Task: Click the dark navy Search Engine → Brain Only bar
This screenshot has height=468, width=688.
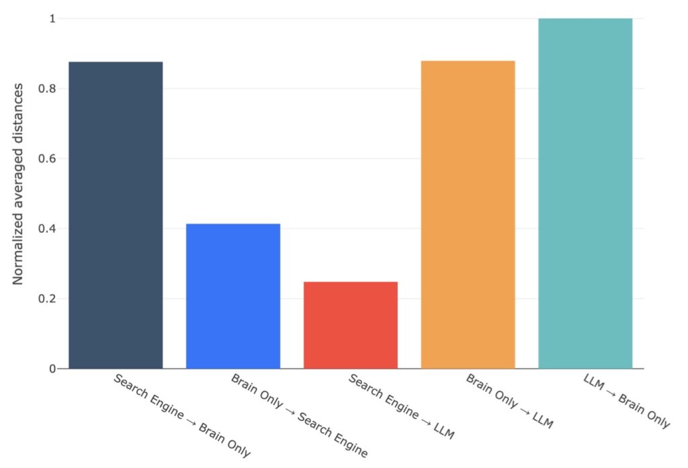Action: (116, 215)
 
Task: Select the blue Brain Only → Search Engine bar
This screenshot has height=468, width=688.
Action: (233, 295)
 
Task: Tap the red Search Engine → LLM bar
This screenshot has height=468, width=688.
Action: (351, 325)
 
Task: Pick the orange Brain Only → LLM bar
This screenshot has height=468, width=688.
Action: (468, 214)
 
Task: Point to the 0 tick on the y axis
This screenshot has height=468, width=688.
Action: (52, 369)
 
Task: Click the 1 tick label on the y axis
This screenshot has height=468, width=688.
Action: (52, 19)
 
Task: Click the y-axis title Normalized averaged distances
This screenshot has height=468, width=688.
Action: (18, 183)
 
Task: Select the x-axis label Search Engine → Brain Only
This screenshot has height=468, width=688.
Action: (182, 416)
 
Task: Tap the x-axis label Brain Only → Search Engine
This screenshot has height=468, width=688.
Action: (300, 416)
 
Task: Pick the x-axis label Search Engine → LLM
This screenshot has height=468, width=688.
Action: (402, 407)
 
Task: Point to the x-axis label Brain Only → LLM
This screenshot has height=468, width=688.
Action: (509, 402)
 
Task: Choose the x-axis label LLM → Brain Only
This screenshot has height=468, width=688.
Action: (626, 402)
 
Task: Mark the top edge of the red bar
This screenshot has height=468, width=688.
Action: (351, 282)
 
